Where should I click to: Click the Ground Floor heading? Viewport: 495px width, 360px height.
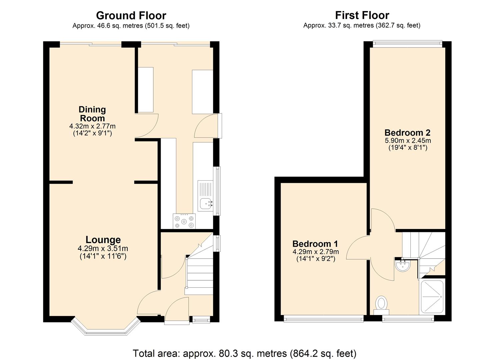[131, 16]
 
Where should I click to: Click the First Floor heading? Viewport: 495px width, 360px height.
[362, 16]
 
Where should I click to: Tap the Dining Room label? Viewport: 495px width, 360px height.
[92, 114]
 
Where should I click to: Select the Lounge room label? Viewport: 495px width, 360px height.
[103, 240]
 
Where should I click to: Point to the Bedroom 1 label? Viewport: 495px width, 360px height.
[315, 244]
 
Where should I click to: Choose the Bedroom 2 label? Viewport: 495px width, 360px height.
[407, 132]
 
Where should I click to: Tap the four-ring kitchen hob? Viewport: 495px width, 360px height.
[184, 221]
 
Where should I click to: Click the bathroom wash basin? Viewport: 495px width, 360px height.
[403, 265]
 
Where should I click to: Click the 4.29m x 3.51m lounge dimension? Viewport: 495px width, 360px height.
[103, 249]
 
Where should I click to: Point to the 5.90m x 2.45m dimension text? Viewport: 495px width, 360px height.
[408, 141]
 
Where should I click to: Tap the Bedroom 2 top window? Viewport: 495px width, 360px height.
[407, 42]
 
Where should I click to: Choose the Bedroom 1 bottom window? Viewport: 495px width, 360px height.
[323, 319]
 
